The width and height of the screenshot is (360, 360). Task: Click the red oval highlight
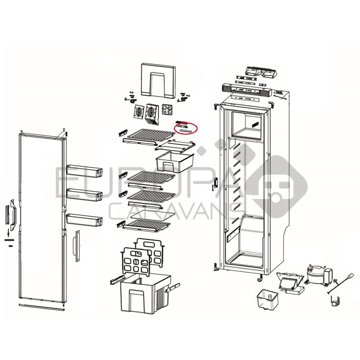point(186,129)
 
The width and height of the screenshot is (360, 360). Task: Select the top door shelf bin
point(84,171)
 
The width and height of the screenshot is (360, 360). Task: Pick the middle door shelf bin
point(84,194)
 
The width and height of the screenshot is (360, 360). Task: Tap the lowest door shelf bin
point(84,219)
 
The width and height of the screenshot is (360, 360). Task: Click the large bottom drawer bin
point(145,293)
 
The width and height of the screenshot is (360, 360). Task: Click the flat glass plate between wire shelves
point(152,215)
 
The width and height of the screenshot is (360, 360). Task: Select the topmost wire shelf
point(150,135)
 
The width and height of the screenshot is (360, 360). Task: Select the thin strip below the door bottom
point(41,307)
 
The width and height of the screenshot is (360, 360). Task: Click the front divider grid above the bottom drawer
point(136,262)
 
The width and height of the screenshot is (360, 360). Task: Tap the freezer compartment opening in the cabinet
point(247,123)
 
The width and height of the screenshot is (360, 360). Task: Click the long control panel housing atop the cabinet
point(247,89)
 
